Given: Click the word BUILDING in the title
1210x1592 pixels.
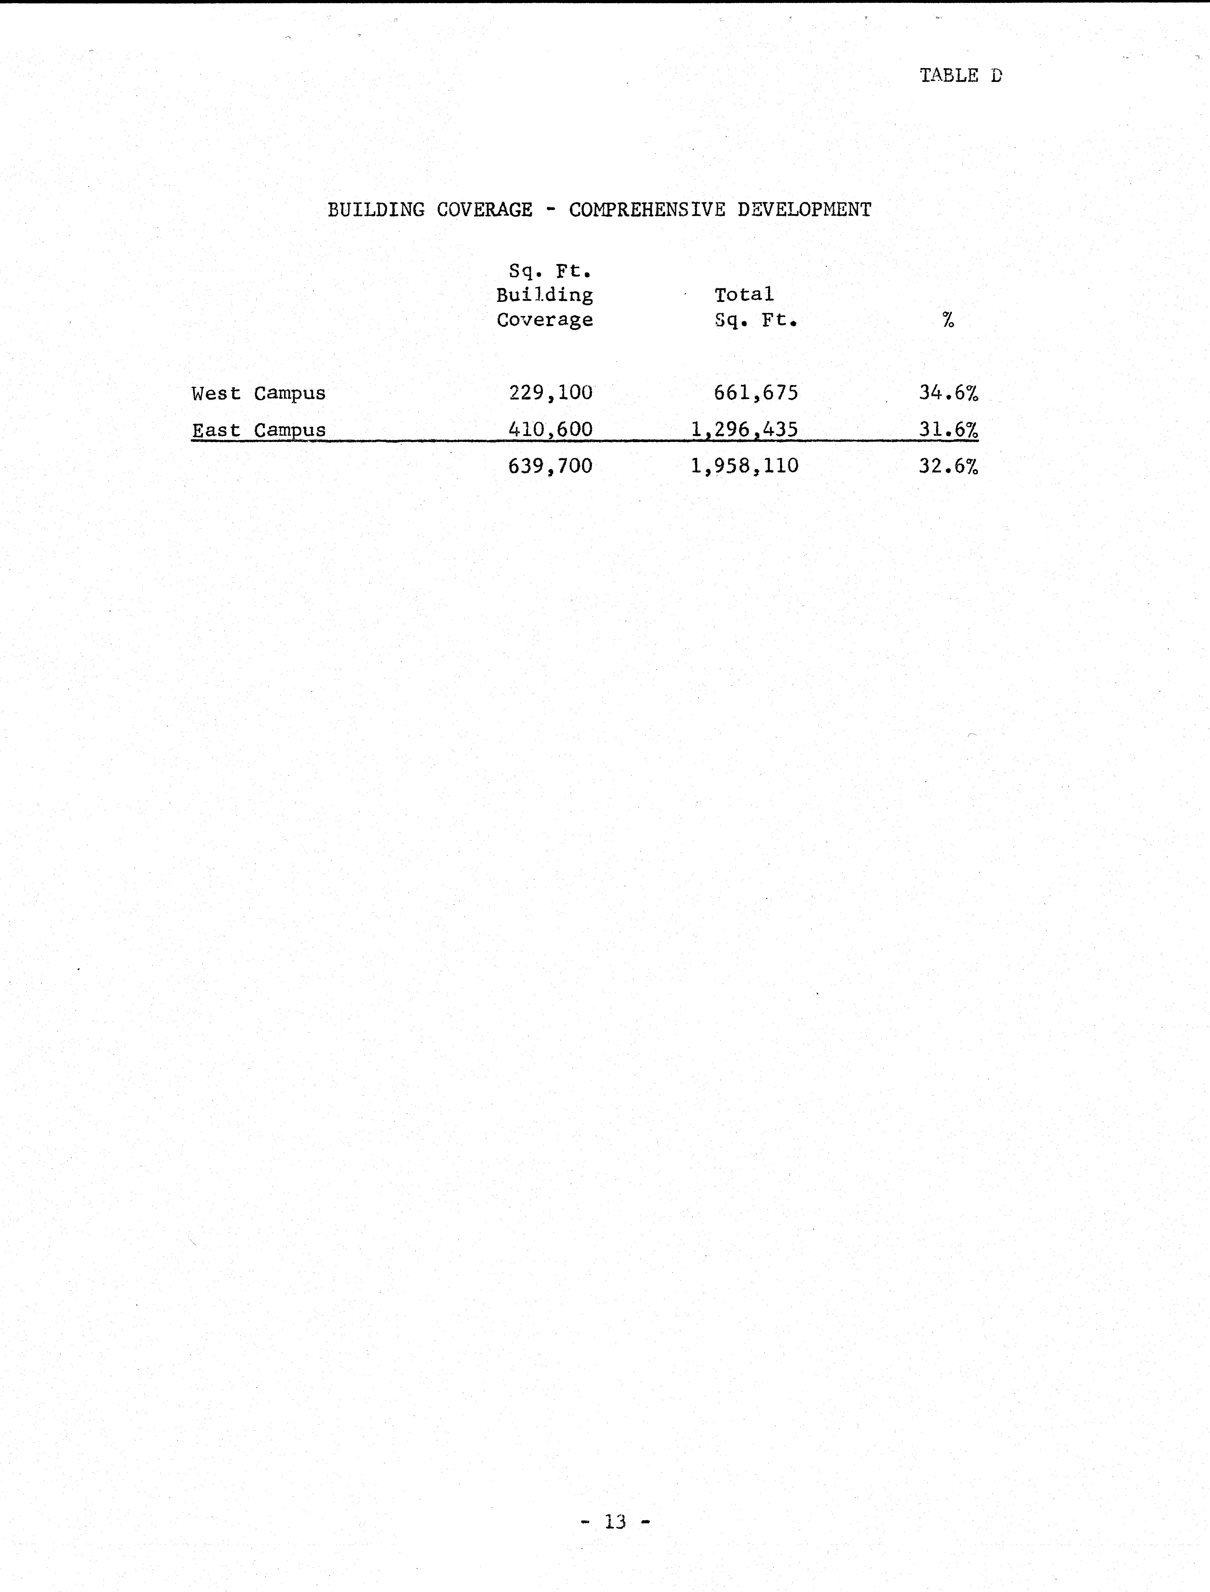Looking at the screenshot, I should tap(376, 210).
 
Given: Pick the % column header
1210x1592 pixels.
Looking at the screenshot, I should tap(948, 320).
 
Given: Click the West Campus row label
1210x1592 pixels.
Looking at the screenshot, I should tap(259, 393).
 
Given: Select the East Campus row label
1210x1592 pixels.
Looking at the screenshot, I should tap(259, 430).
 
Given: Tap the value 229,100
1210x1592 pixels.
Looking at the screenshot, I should tap(550, 392).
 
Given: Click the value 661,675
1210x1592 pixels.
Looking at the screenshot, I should tap(756, 392).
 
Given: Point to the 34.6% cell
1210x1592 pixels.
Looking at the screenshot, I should tap(948, 392).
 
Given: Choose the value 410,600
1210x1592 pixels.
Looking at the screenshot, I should tap(550, 429).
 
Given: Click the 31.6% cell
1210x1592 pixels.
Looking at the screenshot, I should tap(948, 429).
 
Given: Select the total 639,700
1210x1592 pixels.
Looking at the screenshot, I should tap(550, 466).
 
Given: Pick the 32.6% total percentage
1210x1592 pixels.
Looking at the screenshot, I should tap(948, 466).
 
